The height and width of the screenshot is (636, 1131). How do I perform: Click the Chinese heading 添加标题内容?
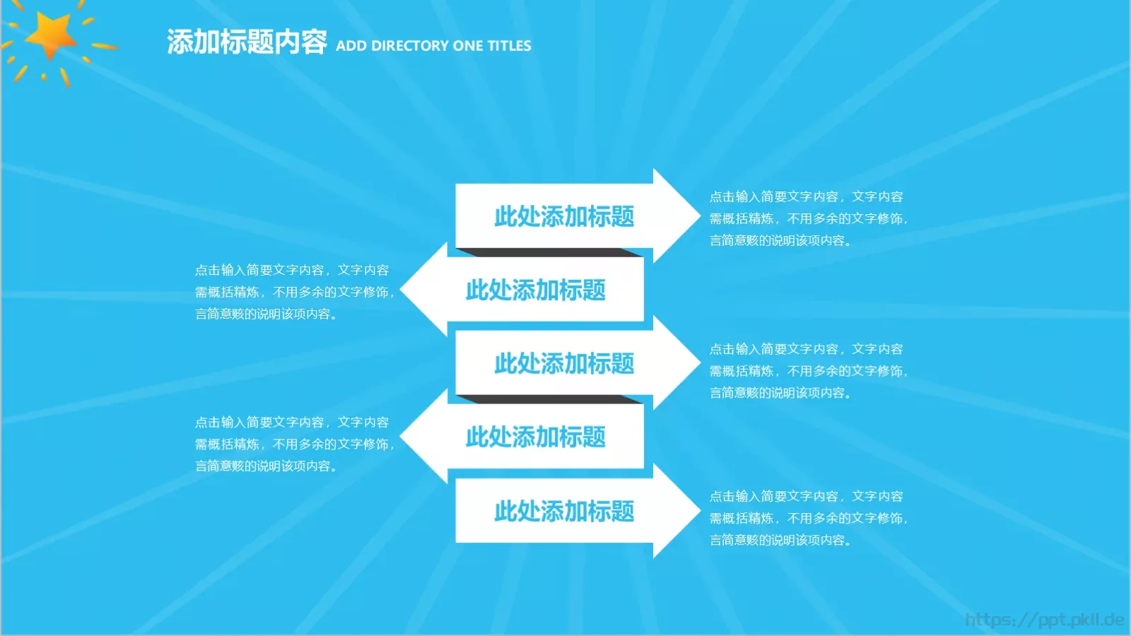[x=247, y=42]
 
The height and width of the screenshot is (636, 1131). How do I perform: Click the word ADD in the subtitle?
[x=351, y=46]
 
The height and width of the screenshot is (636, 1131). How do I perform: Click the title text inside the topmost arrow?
[x=564, y=216]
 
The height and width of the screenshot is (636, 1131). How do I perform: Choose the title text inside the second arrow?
[x=536, y=290]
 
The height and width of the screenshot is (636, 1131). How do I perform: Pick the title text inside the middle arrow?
[x=564, y=363]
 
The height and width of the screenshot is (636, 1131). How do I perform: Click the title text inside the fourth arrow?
[x=536, y=437]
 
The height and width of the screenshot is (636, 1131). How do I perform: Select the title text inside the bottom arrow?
[x=564, y=511]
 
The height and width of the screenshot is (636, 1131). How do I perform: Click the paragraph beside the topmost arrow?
[x=807, y=218]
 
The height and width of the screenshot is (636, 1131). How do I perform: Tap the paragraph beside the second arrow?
[x=294, y=292]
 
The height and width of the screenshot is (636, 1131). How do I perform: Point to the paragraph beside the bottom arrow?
[x=807, y=518]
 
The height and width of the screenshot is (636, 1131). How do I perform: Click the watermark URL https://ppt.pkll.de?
[x=1044, y=620]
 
